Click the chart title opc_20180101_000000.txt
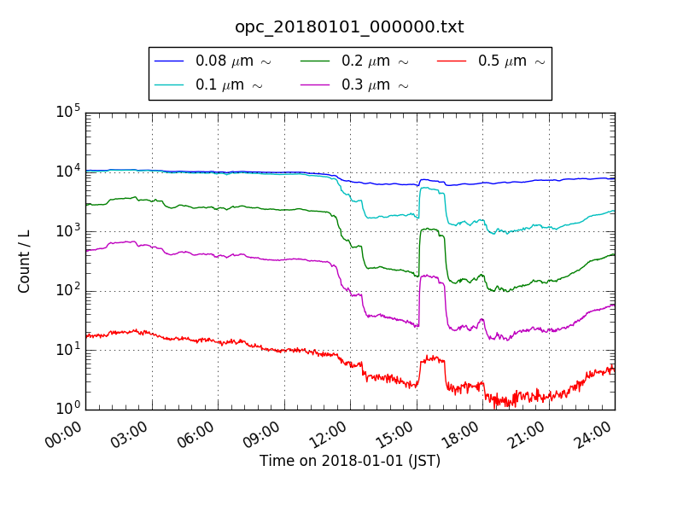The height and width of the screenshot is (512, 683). point(349,27)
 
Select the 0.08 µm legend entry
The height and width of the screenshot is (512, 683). point(213,61)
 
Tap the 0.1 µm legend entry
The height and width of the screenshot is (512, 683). point(208,84)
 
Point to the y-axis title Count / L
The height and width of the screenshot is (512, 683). point(25,259)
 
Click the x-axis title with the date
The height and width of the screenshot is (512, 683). point(349,461)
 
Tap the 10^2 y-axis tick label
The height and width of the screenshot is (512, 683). point(67,290)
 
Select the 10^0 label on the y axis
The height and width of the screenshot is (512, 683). point(67,409)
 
